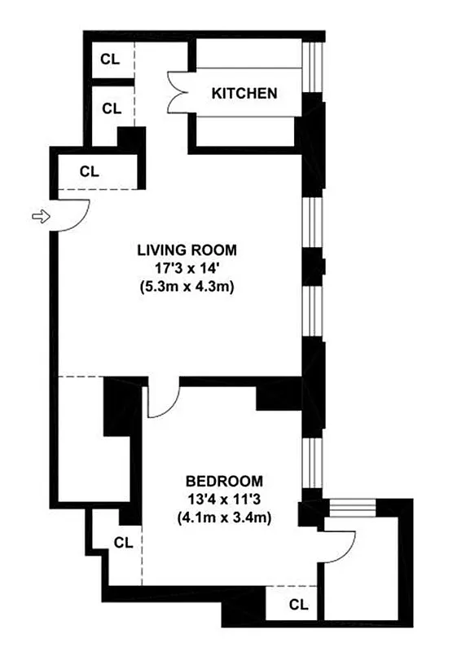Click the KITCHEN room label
click(x=244, y=93)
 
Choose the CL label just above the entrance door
click(x=90, y=171)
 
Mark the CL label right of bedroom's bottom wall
click(x=299, y=605)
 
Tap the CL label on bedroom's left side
click(x=123, y=542)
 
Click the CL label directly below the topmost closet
click(x=110, y=108)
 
